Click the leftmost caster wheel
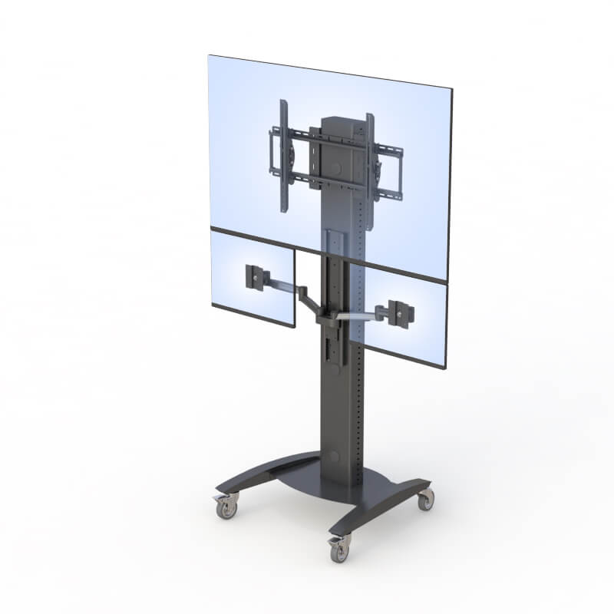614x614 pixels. [225, 507]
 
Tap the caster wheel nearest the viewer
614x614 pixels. [338, 548]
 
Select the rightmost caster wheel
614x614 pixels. [425, 500]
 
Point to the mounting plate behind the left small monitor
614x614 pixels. [253, 276]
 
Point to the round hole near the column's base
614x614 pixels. [335, 456]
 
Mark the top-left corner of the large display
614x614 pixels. [210, 57]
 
